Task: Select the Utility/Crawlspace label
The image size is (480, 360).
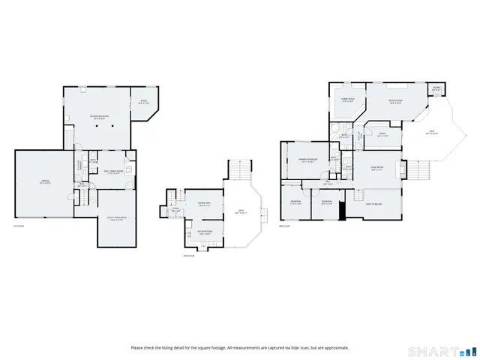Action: click(x=117, y=219)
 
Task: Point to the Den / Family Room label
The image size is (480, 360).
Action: click(x=114, y=171)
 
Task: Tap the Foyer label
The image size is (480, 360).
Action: click(x=175, y=211)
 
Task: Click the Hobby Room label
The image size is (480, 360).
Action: click(x=348, y=101)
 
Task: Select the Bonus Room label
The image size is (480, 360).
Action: click(x=396, y=101)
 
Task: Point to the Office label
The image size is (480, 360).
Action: click(x=382, y=135)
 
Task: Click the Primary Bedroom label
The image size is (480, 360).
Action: click(x=307, y=160)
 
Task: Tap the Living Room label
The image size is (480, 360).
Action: click(x=377, y=168)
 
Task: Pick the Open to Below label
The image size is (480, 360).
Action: click(x=373, y=203)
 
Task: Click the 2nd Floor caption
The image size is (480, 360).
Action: click(x=187, y=256)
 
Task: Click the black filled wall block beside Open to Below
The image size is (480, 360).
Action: click(x=342, y=211)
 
